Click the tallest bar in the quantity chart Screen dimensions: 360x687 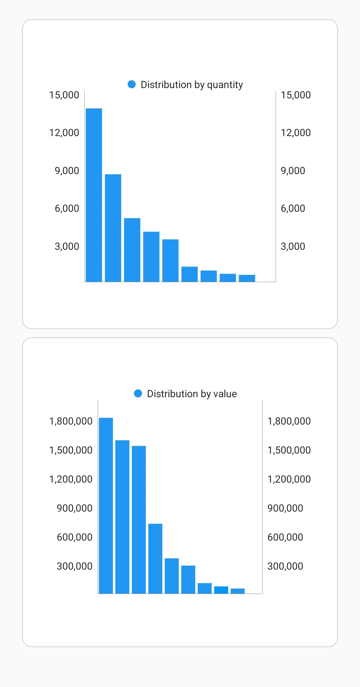click(x=94, y=195)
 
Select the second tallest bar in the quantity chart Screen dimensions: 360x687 click(x=113, y=228)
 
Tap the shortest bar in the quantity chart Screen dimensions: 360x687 click(x=247, y=278)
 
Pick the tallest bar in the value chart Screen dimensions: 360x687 click(x=106, y=506)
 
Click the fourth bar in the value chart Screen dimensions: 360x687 click(x=155, y=559)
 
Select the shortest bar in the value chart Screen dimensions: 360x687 click(x=238, y=591)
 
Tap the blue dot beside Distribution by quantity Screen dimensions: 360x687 click(x=132, y=84)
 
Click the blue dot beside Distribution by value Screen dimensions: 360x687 click(x=138, y=394)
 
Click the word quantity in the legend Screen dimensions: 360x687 click(x=225, y=85)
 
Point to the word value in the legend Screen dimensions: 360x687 click(x=225, y=394)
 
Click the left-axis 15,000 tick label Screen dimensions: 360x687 click(x=64, y=95)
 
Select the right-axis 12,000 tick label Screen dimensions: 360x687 click(x=296, y=133)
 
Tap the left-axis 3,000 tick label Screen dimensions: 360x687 click(x=67, y=246)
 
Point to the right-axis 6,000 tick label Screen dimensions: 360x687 click(x=293, y=208)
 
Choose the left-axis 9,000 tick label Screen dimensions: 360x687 click(x=67, y=171)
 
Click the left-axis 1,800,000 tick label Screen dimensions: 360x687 click(x=71, y=421)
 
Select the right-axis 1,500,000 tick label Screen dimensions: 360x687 click(x=289, y=450)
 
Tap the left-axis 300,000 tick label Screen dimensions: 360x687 click(x=74, y=566)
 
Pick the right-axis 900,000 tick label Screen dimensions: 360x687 click(x=285, y=508)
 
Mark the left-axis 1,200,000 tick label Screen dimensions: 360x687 click(x=71, y=479)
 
